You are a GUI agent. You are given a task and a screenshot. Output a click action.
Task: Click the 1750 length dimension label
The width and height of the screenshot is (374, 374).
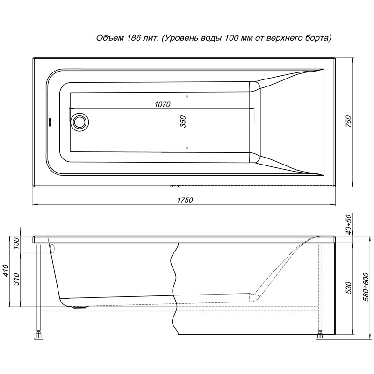tap(185, 200)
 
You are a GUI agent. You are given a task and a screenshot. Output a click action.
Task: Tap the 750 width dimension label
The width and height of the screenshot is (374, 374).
tap(348, 121)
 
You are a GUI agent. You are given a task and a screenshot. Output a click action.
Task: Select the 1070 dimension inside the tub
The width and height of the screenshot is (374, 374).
tap(163, 104)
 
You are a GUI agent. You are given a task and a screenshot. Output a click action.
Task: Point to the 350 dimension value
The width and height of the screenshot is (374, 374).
tap(183, 122)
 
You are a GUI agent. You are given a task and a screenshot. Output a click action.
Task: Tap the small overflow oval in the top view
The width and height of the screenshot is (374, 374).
tap(50, 122)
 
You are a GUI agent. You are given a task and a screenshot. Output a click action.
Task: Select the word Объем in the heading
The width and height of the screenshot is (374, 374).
tap(110, 38)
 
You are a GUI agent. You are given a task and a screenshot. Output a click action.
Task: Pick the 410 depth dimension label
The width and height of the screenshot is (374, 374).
tap(6, 270)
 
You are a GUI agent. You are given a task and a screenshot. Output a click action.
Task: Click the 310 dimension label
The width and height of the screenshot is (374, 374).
tap(16, 279)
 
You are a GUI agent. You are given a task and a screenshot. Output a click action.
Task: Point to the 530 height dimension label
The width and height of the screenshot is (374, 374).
tap(348, 288)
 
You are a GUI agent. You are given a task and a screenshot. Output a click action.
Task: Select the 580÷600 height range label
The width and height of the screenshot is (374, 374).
tap(366, 288)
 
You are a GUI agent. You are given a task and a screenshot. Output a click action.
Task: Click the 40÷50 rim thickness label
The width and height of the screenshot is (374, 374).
tap(348, 225)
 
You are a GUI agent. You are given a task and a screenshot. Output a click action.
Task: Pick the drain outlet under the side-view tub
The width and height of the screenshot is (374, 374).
tap(80, 307)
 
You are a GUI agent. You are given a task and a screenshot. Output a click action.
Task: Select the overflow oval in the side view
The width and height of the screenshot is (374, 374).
tap(53, 249)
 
